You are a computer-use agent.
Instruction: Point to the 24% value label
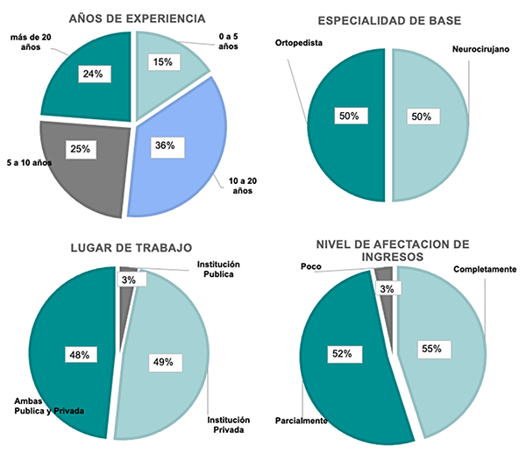coord(93,74)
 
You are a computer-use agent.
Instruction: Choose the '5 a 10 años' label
coord(29,163)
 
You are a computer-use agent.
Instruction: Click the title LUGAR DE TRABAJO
coord(132,247)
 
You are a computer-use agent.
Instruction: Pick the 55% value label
coord(431,349)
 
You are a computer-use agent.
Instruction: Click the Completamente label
coord(485,269)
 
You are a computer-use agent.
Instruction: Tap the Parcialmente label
coord(301,421)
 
